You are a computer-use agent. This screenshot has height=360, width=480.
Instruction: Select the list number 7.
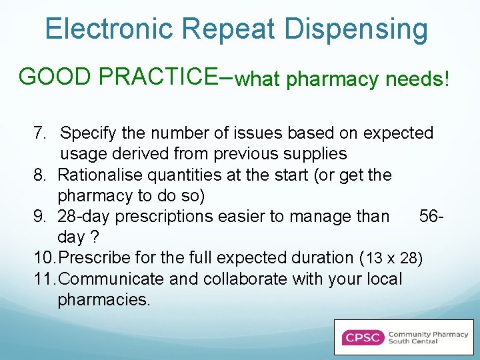(39, 133)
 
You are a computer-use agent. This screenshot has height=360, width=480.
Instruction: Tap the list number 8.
(39, 175)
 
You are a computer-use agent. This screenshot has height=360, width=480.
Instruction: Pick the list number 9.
(39, 217)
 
